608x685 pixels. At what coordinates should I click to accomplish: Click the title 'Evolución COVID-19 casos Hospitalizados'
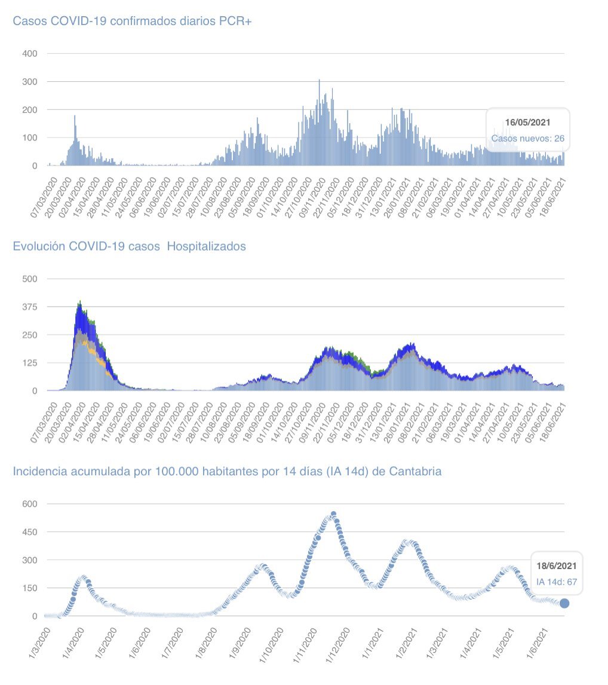coord(130,246)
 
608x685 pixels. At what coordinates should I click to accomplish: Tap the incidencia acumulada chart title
coord(228,471)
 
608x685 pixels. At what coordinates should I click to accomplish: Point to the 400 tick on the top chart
coord(30,54)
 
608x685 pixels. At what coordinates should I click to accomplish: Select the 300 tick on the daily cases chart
coord(30,82)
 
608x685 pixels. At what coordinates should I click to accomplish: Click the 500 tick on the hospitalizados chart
coord(30,279)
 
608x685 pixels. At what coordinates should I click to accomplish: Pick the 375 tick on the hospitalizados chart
coord(30,307)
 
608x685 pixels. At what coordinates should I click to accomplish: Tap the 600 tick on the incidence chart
coord(30,504)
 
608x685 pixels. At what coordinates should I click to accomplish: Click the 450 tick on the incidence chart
coord(30,532)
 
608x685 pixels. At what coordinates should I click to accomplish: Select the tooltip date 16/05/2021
coord(527,123)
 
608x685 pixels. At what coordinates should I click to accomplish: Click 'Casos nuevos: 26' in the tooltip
coord(527,139)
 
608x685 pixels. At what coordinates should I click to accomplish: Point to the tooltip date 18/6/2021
coord(556,565)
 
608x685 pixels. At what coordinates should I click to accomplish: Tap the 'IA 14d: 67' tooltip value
coord(556,581)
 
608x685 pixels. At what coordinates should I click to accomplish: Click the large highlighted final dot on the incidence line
coord(564,604)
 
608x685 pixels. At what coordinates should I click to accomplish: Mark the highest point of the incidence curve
coord(333,514)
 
